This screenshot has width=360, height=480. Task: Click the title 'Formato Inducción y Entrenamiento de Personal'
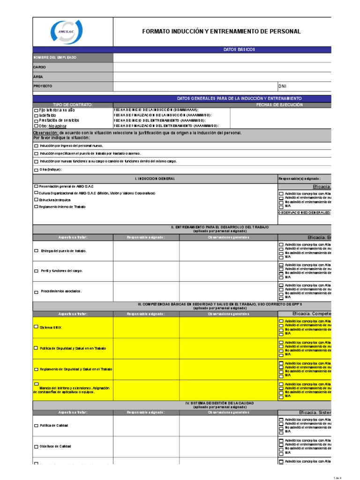pyautogui.click(x=221, y=31)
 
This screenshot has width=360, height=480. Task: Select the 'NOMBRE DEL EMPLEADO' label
pyautogui.click(x=54, y=58)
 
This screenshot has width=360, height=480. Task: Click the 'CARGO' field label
pyautogui.click(x=40, y=67)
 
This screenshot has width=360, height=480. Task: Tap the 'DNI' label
pyautogui.click(x=282, y=86)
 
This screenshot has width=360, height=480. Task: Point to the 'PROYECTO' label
pyautogui.click(x=43, y=86)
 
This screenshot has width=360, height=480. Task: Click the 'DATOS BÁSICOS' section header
pyautogui.click(x=240, y=49)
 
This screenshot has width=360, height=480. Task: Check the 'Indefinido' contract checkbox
pyautogui.click(x=36, y=115)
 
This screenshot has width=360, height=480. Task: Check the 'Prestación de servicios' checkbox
pyautogui.click(x=36, y=120)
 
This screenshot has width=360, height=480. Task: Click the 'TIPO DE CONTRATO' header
pyautogui.click(x=73, y=105)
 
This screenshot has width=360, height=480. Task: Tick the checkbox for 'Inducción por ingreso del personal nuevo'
pyautogui.click(x=36, y=146)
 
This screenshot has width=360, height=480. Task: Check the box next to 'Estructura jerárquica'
pyautogui.click(x=36, y=200)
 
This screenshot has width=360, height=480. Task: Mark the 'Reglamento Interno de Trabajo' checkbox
pyautogui.click(x=36, y=207)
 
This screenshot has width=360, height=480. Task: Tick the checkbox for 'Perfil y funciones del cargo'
pyautogui.click(x=36, y=271)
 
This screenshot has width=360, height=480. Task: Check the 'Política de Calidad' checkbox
pyautogui.click(x=36, y=426)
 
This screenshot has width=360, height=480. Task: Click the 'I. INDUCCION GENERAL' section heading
pyautogui.click(x=155, y=179)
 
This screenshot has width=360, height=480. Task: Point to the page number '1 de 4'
pyautogui.click(x=338, y=477)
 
